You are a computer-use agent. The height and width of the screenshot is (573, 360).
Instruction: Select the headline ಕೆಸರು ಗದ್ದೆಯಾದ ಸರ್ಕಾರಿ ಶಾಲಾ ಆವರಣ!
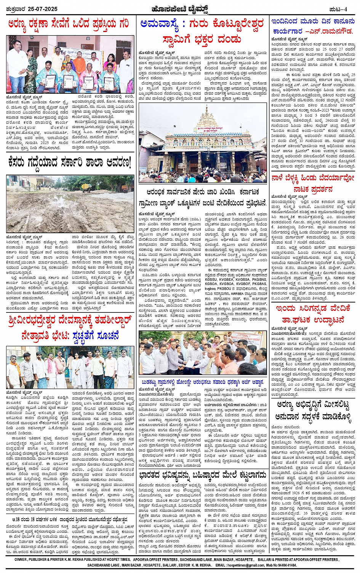(69, 163)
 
